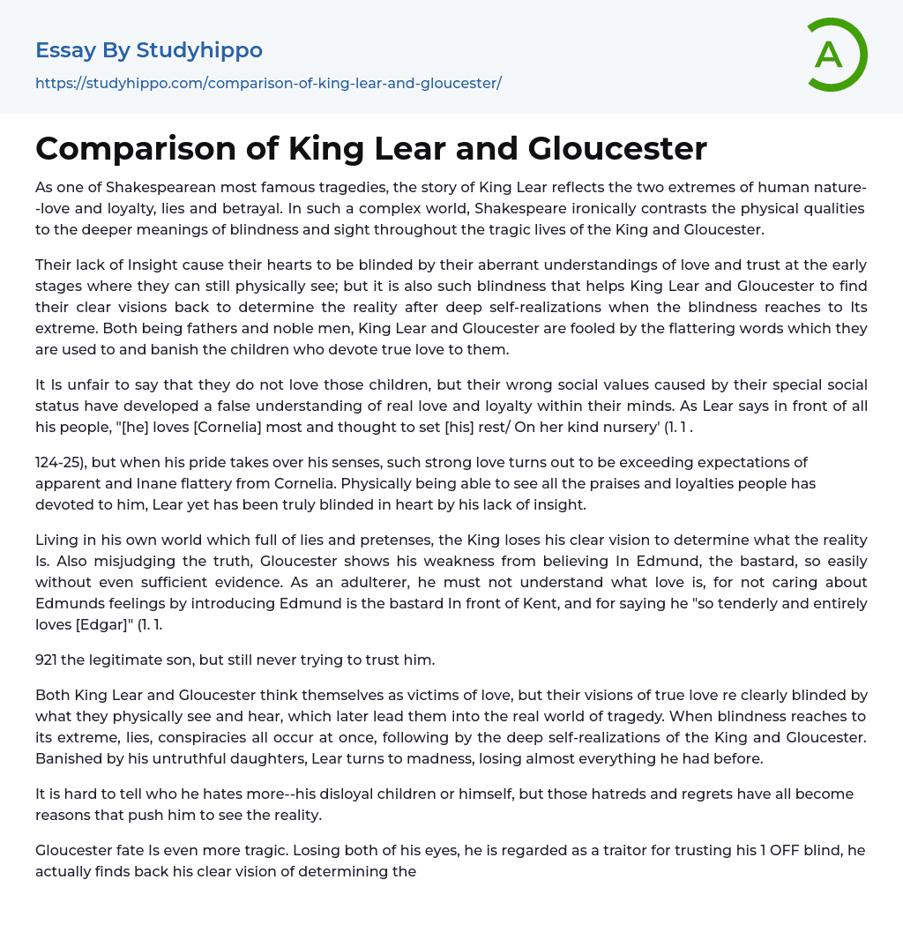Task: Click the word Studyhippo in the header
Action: point(199,50)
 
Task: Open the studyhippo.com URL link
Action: point(268,83)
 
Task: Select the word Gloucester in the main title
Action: point(617,148)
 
